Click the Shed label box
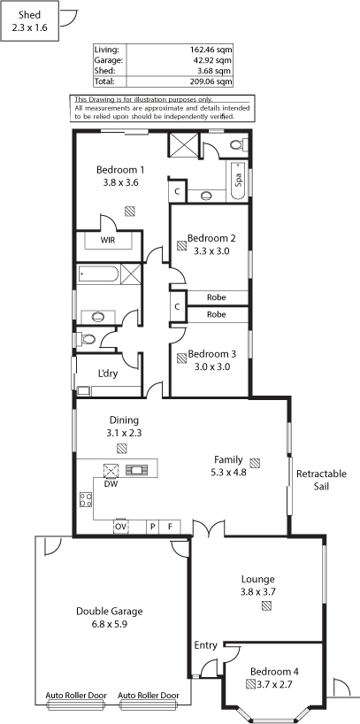(x=29, y=21)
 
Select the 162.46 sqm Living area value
(x=213, y=50)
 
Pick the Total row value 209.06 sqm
(x=213, y=81)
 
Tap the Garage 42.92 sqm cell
(x=215, y=60)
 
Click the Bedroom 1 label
(x=118, y=169)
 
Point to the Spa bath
(x=238, y=181)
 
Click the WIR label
(x=108, y=240)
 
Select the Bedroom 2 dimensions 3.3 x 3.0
(x=212, y=251)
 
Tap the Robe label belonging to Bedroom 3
(x=217, y=314)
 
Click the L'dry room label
(x=108, y=374)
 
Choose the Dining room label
(x=124, y=420)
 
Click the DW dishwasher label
(x=110, y=484)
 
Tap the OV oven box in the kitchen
(x=121, y=527)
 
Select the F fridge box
(x=170, y=527)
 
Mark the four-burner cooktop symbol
(x=86, y=499)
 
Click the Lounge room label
(x=258, y=579)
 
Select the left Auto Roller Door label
(x=76, y=696)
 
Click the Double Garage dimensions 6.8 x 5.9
(x=110, y=624)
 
